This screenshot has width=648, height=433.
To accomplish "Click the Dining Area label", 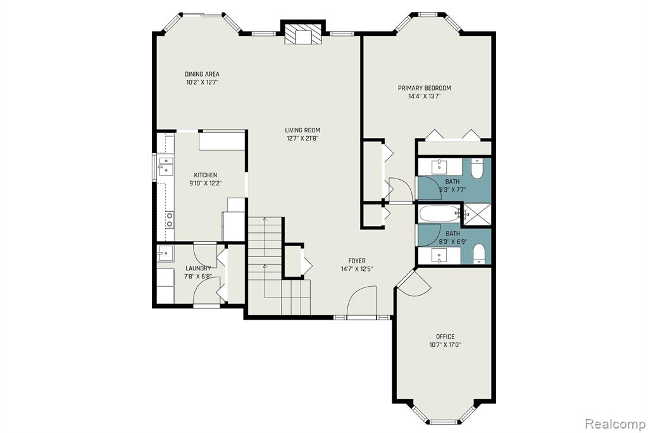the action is [202, 75].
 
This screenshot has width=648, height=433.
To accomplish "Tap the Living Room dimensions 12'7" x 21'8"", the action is [302, 139].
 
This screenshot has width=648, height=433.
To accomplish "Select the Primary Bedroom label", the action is [424, 88].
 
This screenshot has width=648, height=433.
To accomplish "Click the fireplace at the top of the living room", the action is [303, 33].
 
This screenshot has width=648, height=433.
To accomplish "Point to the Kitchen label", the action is [206, 175].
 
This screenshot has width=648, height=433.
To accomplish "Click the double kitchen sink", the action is [165, 165].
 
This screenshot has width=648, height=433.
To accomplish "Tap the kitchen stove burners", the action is [170, 220].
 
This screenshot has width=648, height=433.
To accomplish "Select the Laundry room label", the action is [198, 268].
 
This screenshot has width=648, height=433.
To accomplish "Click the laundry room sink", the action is [165, 253].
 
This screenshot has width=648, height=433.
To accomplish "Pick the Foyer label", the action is [357, 261].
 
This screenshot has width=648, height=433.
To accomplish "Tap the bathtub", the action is [439, 214].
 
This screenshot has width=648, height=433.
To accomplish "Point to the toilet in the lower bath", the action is [478, 254].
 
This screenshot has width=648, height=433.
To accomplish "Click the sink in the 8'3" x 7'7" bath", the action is [438, 167].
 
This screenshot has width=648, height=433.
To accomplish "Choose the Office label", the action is [445, 337].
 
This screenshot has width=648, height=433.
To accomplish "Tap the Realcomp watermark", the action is [615, 424].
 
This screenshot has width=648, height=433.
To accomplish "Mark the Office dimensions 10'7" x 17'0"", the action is [445, 345].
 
